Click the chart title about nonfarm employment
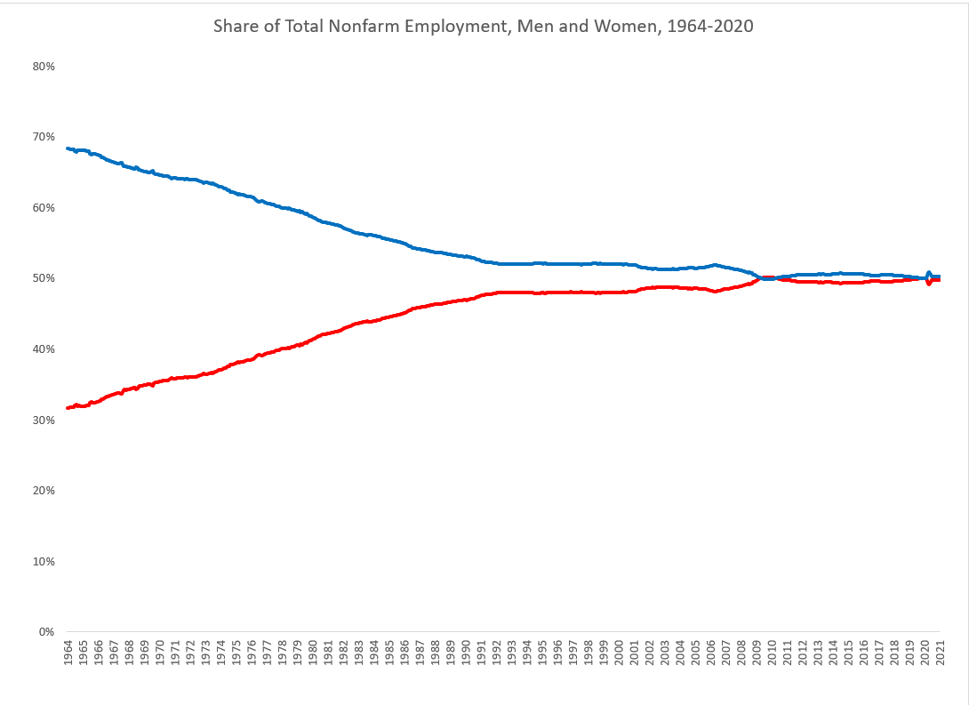tap(483, 26)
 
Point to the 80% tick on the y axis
tap(44, 67)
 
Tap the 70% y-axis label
tap(44, 137)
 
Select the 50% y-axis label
tap(44, 278)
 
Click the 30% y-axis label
tap(44, 420)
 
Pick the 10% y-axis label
tap(44, 562)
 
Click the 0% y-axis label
tap(46, 632)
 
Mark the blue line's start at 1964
tap(68, 148)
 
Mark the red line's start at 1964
tap(68, 408)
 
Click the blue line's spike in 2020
tap(929, 274)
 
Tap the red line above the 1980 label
tap(313, 338)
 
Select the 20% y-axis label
tap(44, 491)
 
